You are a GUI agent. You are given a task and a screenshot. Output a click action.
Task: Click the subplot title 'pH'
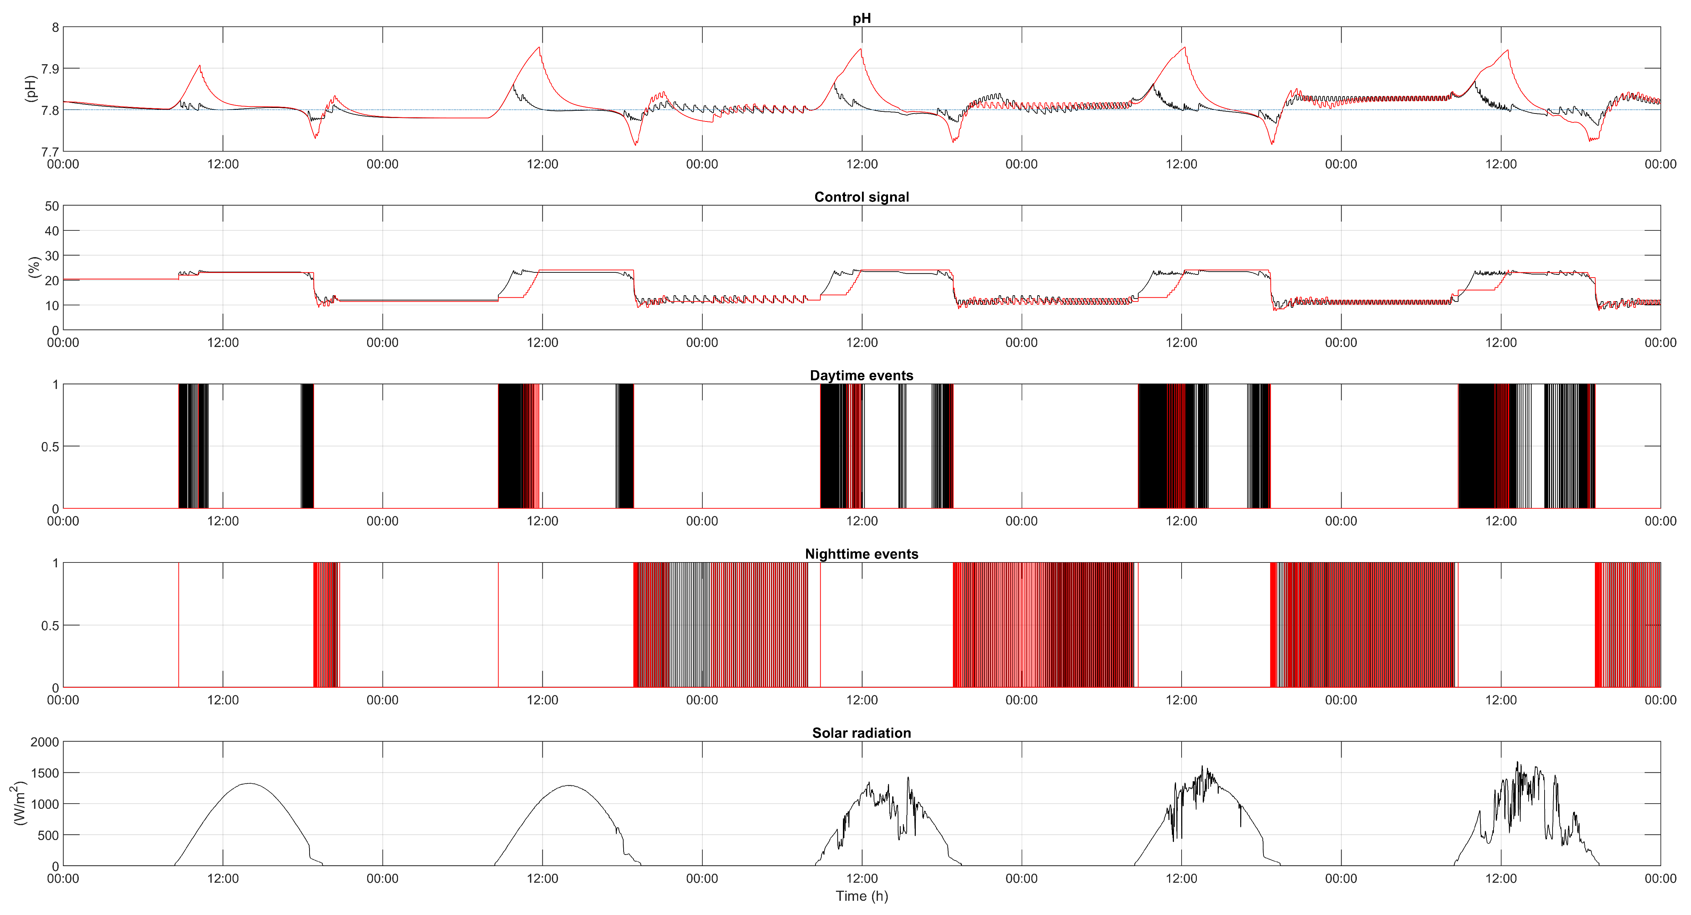[x=861, y=18]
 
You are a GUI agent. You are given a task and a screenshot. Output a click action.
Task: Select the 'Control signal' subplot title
[x=861, y=197]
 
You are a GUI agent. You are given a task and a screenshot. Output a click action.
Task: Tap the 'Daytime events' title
[x=861, y=375]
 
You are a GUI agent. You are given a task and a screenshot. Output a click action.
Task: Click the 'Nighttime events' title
[x=861, y=554]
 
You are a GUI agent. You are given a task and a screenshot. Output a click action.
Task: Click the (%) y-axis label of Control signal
[x=34, y=267]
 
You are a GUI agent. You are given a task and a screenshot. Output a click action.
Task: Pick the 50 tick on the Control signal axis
[x=52, y=206]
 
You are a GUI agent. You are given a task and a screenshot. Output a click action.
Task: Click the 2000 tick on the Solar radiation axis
[x=45, y=742]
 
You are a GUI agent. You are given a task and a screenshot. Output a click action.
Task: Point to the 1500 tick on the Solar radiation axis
[x=45, y=773]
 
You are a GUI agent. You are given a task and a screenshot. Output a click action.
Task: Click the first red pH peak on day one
[x=200, y=66]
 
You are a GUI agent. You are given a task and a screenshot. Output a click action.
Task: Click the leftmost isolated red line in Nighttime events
[x=179, y=624]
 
